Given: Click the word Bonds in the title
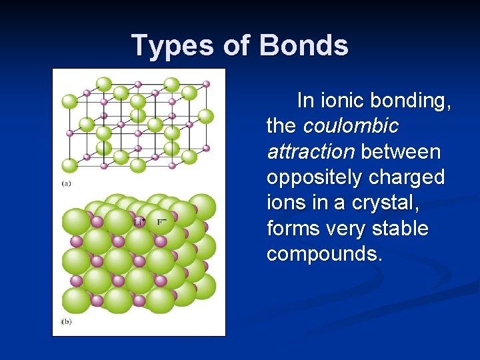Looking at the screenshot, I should click(x=303, y=46).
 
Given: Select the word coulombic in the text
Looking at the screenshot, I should click(x=351, y=126).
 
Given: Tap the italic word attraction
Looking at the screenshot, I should click(x=310, y=152).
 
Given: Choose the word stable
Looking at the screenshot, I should click(x=402, y=229).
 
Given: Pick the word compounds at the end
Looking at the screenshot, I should click(x=325, y=254).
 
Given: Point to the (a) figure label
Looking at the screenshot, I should click(x=67, y=183).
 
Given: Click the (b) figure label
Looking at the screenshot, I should click(x=67, y=322).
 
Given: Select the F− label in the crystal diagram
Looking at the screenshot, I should click(x=161, y=221).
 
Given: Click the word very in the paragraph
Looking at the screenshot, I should click(x=349, y=229).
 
